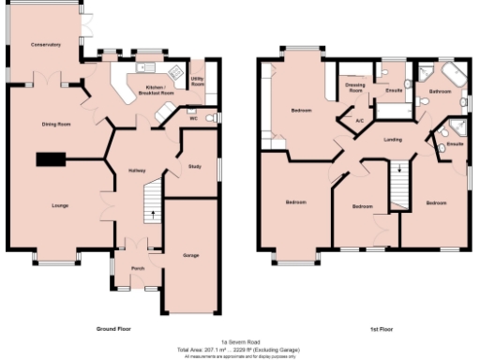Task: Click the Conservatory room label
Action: [45, 45]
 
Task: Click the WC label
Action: [193, 119]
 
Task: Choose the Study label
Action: [195, 166]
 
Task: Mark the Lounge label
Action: [59, 204]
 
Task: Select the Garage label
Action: [190, 255]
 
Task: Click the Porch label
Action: [138, 267]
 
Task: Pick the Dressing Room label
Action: [355, 87]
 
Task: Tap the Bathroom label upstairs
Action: [440, 91]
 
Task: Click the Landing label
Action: [394, 140]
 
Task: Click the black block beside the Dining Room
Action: [49, 158]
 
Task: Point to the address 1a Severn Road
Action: [239, 341]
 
